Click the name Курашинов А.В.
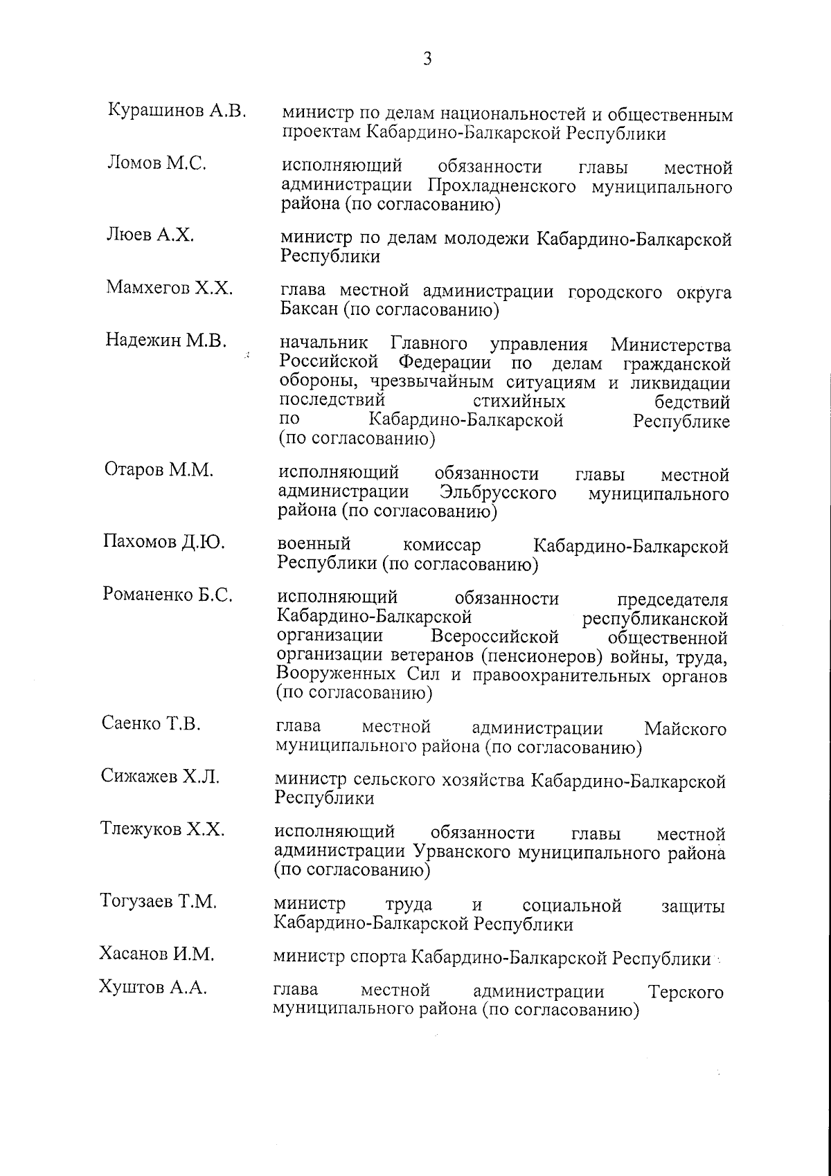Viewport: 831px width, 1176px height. pos(178,111)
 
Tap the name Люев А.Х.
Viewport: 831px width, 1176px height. pos(150,235)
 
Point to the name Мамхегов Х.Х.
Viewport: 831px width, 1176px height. pos(170,288)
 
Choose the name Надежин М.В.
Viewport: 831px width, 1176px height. pos(166,341)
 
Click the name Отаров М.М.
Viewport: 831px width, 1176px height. pos(159,470)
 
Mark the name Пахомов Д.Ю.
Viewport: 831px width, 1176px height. pos(163,543)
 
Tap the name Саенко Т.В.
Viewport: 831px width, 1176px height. pos(151,725)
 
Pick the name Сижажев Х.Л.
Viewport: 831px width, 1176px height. pos(160,777)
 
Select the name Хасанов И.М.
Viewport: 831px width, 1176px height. pos(157,955)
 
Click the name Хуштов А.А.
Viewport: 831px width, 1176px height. pos(153,989)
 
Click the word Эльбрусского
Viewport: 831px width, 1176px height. pos(498,494)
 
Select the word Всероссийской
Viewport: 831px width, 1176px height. pos(494,636)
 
